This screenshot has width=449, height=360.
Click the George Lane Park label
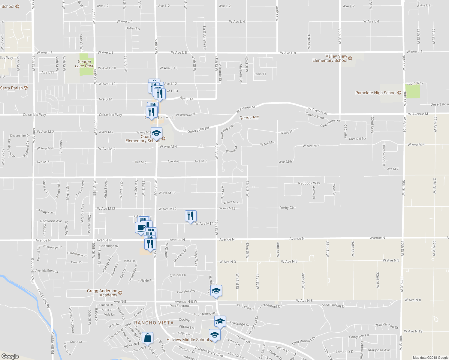pos(84,64)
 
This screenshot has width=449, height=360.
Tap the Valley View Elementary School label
pos(330,58)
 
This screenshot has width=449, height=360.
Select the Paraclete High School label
pos(376,93)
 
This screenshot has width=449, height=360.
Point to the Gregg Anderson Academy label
pos(102,293)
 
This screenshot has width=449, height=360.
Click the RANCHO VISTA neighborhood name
pos(154,323)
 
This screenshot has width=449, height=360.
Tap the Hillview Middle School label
pos(188,340)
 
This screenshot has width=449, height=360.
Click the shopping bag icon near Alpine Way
pos(148,338)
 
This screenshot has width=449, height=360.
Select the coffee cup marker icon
pos(141,227)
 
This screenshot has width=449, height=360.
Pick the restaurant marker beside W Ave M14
pos(191,216)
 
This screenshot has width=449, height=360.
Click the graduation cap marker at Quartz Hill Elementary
pos(156,133)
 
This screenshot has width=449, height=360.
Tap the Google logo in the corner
pos(10,356)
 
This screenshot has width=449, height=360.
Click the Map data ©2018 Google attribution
pos(430,358)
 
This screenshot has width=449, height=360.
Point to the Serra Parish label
pos(11,88)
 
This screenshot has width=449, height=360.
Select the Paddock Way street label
pos(309,183)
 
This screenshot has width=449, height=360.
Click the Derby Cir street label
pos(287,208)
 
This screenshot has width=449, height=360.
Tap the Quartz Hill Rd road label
pos(198,130)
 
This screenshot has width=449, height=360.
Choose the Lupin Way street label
pos(415,83)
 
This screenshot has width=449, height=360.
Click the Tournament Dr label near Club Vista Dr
pos(270,306)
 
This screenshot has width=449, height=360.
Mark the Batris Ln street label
pos(132,28)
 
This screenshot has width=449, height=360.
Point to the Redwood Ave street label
pos(51,221)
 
